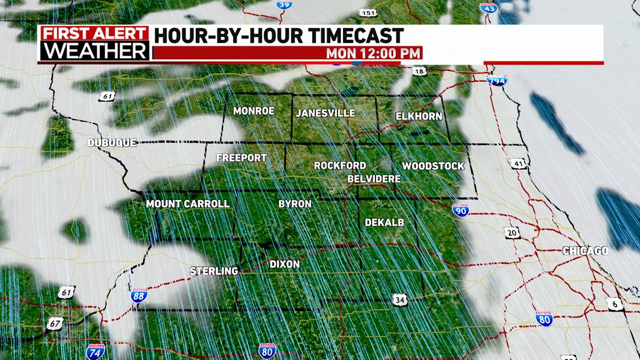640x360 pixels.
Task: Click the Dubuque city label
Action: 113,142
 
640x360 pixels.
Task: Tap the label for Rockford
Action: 340,165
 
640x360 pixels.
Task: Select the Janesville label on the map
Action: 325,113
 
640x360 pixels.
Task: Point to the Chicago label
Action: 585,251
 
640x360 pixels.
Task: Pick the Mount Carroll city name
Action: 187,204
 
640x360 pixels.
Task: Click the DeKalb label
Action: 384,222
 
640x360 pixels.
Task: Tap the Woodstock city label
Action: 433,166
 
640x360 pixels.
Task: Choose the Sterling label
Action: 214,270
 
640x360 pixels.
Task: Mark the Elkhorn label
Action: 419,116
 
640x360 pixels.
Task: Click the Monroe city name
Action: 253,111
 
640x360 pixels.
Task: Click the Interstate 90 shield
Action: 460,210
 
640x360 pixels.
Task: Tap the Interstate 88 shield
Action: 139,296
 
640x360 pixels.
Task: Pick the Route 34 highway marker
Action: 400,299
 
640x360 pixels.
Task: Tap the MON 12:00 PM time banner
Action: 374,53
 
